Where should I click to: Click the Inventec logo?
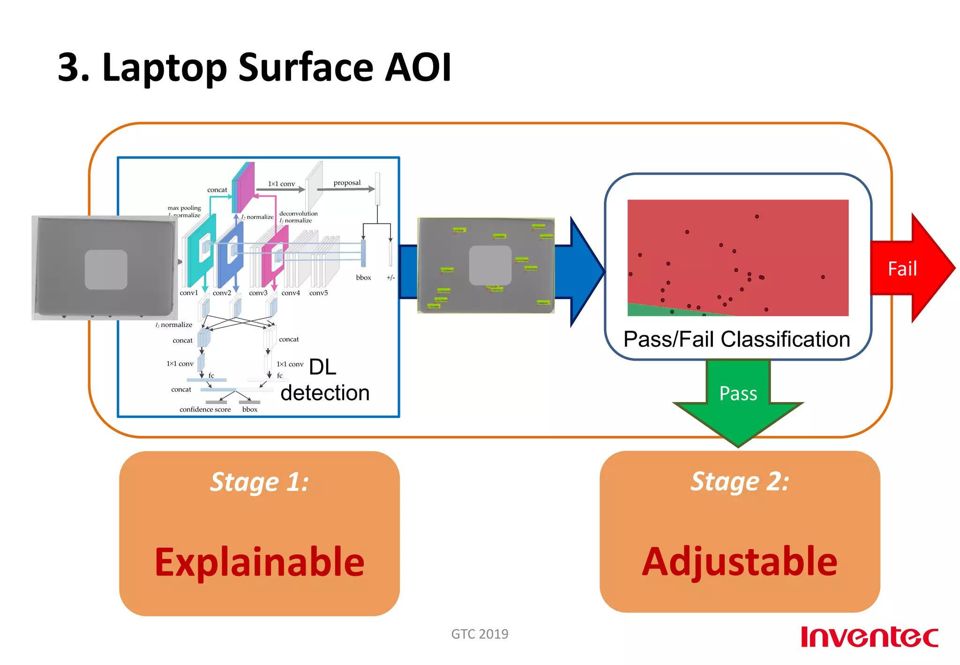[869, 637]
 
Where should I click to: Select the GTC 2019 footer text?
[479, 634]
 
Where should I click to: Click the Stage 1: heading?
[259, 482]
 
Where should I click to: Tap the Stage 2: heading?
[739, 482]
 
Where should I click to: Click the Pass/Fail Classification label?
[736, 339]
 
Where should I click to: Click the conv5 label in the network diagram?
[318, 293]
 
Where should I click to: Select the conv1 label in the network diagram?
[188, 293]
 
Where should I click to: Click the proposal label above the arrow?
[347, 182]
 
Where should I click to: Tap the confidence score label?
[205, 409]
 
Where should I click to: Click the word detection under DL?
[325, 393]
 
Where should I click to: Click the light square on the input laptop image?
[106, 269]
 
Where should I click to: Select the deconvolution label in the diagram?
[298, 213]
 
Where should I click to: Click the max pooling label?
[184, 208]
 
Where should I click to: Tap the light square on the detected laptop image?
[490, 265]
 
